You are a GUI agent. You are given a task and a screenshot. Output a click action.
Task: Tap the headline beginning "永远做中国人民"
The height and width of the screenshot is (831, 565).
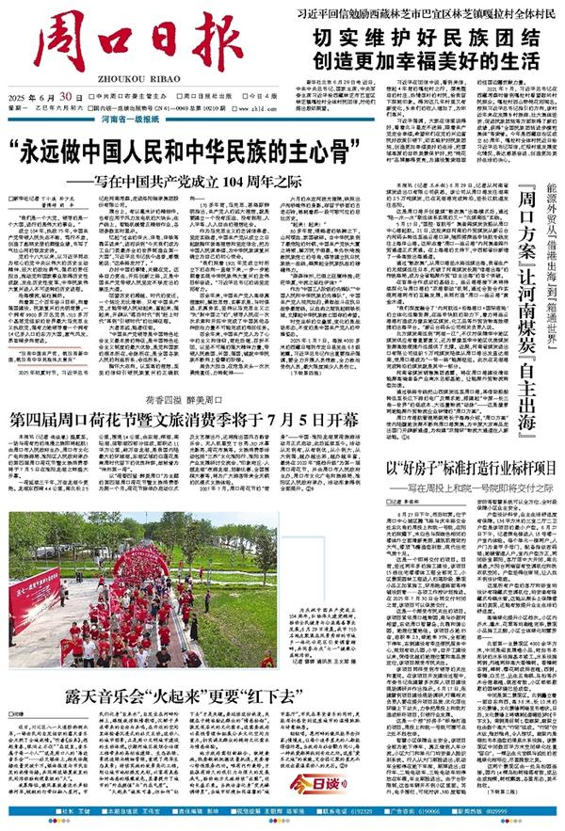[207, 150]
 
